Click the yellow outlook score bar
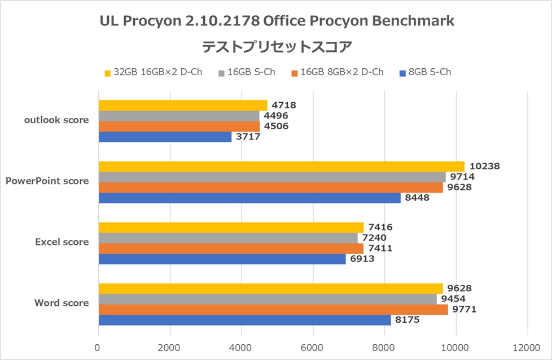pyautogui.click(x=183, y=106)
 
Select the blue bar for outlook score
pyautogui.click(x=165, y=137)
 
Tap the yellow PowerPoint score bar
pyautogui.click(x=281, y=166)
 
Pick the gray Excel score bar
pyautogui.click(x=228, y=238)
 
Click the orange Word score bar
pyautogui.click(x=273, y=310)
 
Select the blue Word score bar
pyautogui.click(x=244, y=320)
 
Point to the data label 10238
pyautogui.click(x=484, y=166)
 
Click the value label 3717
pyautogui.click(x=248, y=137)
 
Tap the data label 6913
pyautogui.click(x=362, y=258)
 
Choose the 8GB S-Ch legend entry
pyautogui.click(x=424, y=72)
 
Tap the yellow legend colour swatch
pyautogui.click(x=107, y=73)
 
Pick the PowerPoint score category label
pyautogui.click(x=47, y=181)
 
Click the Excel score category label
pyautogui.click(x=62, y=242)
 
